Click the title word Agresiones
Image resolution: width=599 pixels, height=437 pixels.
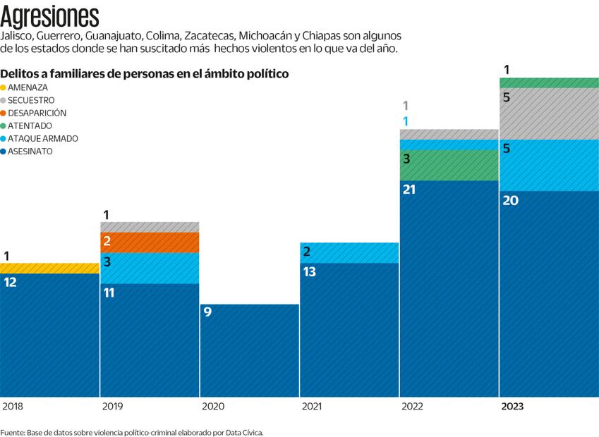coord(50,15)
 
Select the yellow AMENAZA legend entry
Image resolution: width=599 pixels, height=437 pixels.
coord(28,87)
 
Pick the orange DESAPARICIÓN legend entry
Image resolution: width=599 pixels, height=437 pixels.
coord(37,113)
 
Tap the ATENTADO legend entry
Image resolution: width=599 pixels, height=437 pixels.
coord(30,125)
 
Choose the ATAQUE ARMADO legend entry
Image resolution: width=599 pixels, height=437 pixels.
coord(42,138)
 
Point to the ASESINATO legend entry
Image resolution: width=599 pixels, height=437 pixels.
coord(30,151)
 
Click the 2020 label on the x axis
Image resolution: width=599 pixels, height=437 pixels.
coord(214,407)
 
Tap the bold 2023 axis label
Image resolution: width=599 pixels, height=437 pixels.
coord(512,407)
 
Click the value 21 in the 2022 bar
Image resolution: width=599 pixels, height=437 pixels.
coord(409,190)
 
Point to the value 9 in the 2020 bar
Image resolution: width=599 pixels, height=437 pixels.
coord(207,312)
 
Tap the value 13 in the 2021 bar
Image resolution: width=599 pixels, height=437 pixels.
coord(310,271)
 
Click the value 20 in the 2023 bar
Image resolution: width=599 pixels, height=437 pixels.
coord(510,200)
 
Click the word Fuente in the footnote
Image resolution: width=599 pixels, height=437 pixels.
coord(12,432)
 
